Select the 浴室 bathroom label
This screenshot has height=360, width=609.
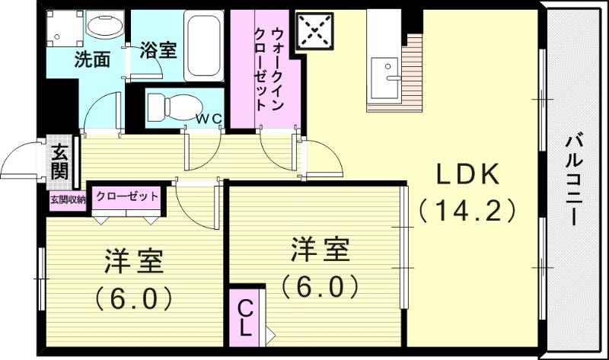click(x=159, y=51)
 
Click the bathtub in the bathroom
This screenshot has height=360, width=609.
click(x=202, y=45)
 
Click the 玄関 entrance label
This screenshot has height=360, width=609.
click(x=59, y=162)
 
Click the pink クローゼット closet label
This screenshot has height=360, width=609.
click(x=127, y=196)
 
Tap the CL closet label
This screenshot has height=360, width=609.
click(x=245, y=319)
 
